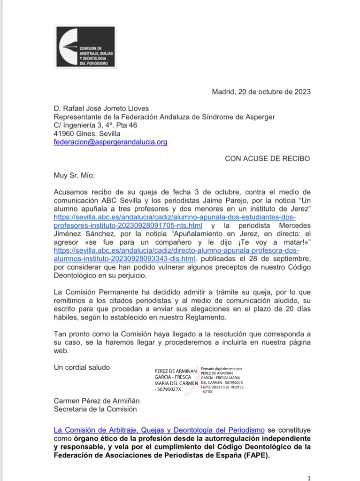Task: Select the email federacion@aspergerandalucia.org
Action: pos(110,141)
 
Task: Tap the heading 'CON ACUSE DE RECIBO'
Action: pos(267,158)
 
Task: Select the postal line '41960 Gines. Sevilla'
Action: pos(87,133)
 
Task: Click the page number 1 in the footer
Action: pos(308,478)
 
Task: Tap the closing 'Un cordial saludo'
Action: pos(82,367)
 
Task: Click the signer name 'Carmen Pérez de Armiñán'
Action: pos(97,401)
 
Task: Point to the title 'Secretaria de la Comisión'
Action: pos(95,409)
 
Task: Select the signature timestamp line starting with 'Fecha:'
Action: pos(222,388)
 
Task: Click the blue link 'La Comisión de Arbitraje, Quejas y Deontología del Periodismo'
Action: pos(159,430)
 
